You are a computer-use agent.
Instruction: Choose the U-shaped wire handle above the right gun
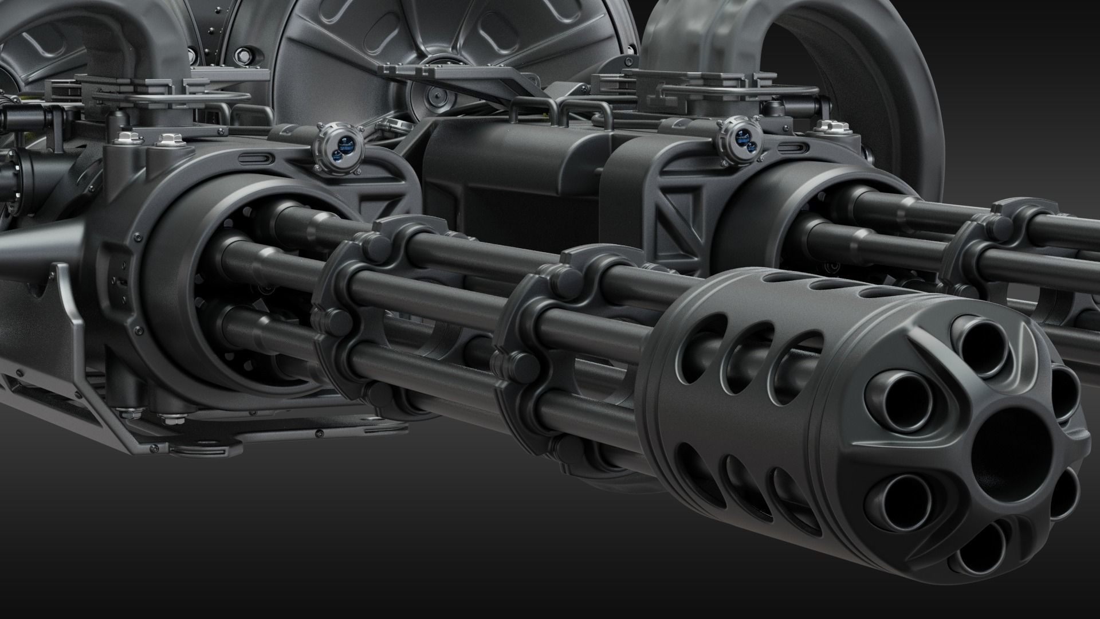click(739, 92)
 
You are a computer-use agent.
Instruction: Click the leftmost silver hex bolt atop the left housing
click(127, 139)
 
